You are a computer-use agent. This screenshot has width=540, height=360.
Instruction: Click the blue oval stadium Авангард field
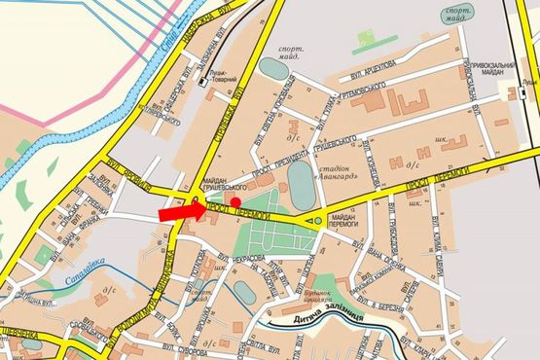click(303, 183)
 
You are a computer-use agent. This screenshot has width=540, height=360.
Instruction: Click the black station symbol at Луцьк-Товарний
click(199, 82)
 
